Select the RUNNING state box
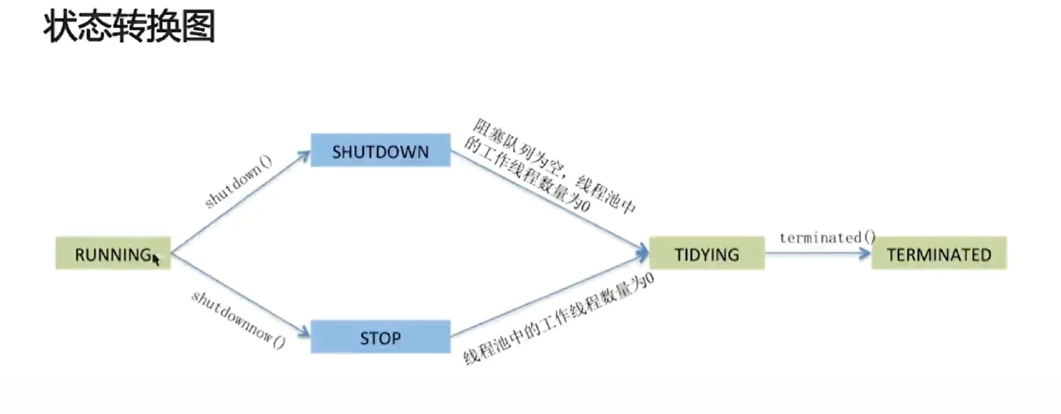113,254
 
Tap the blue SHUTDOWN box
380,151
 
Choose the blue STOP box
380,338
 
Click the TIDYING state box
706,254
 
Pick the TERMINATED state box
939,254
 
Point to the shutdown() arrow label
239,184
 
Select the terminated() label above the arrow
827,238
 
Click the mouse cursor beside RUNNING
156,259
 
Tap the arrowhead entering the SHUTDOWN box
304,155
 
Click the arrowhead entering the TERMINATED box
865,254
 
